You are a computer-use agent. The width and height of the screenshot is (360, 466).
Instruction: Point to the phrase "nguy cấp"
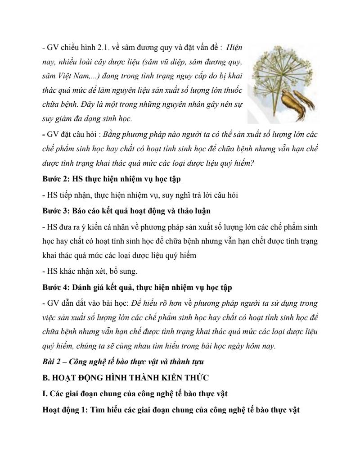point(179,76)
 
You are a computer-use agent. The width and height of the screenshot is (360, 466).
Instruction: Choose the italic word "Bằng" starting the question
point(112,134)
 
